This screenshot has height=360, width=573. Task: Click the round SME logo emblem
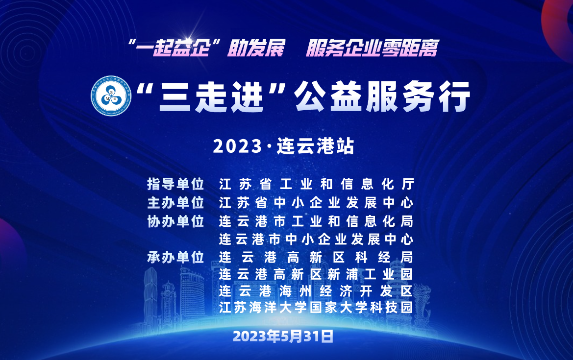111,96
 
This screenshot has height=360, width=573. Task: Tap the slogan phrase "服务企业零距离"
372,48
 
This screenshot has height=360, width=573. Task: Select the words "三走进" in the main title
211,97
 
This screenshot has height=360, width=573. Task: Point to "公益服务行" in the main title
382,96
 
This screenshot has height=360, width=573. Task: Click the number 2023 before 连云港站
238,146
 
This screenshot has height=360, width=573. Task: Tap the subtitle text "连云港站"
315,146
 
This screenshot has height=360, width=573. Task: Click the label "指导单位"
175,184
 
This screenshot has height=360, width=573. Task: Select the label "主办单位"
175,203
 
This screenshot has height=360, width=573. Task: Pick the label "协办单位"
175,221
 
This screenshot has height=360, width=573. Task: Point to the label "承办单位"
175,258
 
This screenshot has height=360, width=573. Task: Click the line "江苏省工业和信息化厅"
317,184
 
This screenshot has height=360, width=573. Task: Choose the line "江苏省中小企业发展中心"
317,203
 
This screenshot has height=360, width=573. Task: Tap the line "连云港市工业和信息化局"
316,221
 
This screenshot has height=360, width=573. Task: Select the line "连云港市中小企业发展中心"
316,240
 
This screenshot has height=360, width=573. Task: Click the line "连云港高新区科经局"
316,258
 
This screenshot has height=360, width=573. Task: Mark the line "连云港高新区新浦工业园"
316,274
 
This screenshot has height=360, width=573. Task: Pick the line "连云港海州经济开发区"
316,291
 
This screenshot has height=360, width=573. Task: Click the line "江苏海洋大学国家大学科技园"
316,308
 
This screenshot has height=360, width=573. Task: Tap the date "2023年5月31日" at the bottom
283,336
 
